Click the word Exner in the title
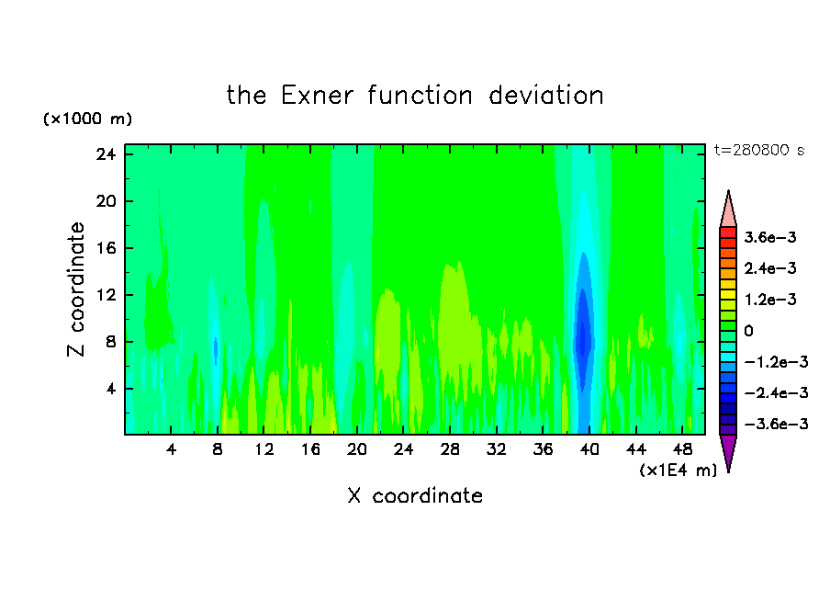[317, 96]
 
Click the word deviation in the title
[546, 96]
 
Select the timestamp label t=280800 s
[759, 150]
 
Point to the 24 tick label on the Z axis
[106, 154]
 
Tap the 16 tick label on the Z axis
[106, 248]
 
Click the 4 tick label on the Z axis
[110, 389]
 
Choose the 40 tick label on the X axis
[589, 449]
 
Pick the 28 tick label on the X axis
[450, 449]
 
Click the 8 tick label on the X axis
[218, 449]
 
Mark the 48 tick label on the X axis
[682, 449]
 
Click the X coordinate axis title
[415, 495]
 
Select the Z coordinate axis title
[76, 289]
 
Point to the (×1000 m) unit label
[87, 119]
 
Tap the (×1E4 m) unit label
[679, 471]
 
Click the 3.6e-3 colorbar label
[770, 237]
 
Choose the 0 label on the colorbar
[748, 331]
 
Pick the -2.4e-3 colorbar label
[776, 393]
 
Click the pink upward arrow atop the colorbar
[728, 209]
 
